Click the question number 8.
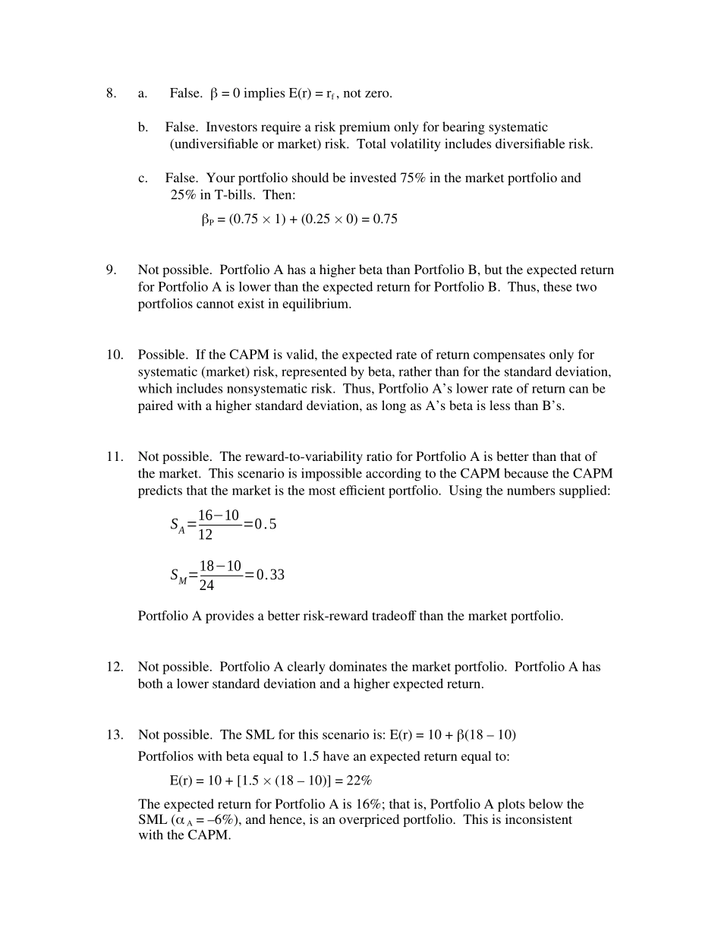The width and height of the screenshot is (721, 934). click(111, 93)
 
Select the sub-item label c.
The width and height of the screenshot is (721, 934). click(143, 178)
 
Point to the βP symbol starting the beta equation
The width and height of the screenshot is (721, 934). click(207, 220)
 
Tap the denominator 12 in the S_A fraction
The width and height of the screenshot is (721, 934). click(206, 535)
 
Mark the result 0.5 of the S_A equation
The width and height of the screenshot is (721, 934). click(266, 524)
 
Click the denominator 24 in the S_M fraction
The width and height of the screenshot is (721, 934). click(206, 585)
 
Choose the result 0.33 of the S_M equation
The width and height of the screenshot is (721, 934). click(270, 575)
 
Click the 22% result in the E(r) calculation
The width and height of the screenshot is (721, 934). click(357, 781)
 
